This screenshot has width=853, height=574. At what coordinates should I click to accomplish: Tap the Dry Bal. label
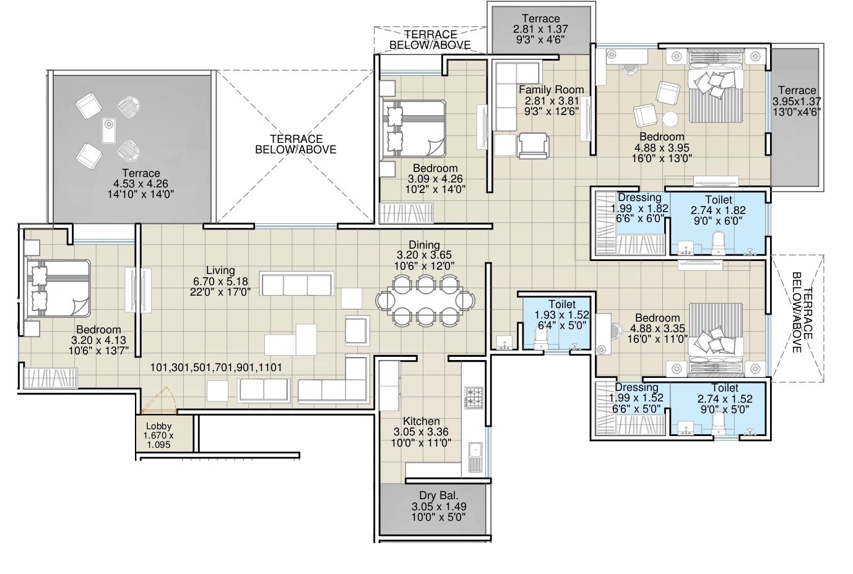click(x=438, y=495)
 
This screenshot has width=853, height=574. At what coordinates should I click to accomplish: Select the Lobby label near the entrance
click(x=158, y=426)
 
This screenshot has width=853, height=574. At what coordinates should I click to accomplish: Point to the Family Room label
click(x=551, y=90)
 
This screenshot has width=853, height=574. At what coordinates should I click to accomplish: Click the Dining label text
click(x=424, y=245)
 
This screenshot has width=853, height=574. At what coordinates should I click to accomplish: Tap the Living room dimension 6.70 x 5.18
click(x=220, y=281)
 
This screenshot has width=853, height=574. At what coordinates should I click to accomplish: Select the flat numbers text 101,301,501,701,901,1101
click(x=216, y=367)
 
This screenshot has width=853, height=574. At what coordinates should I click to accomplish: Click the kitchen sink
click(x=475, y=456)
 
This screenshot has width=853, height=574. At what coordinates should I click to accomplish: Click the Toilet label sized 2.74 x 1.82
click(x=718, y=200)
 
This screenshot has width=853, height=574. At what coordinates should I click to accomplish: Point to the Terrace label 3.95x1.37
click(x=797, y=90)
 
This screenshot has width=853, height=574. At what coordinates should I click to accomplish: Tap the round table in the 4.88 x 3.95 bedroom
click(x=671, y=119)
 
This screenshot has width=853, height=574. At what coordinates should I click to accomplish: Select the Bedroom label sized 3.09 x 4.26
click(x=435, y=168)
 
